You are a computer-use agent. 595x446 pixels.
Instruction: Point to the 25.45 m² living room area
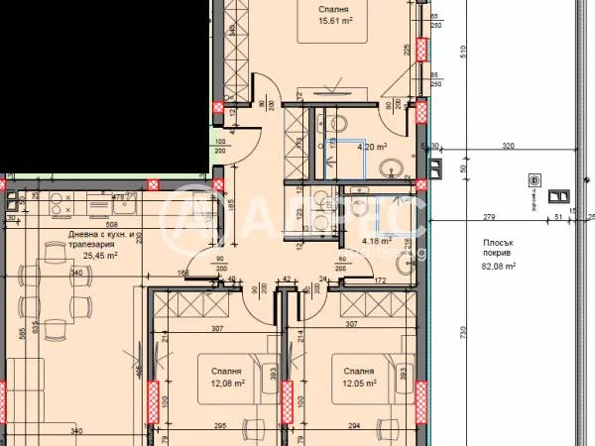tap(87, 253)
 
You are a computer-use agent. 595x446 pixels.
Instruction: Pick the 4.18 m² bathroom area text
tap(375, 240)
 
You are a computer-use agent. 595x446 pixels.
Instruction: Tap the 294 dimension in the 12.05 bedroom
tap(356, 427)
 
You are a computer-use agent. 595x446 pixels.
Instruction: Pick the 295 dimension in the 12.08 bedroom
tap(220, 427)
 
